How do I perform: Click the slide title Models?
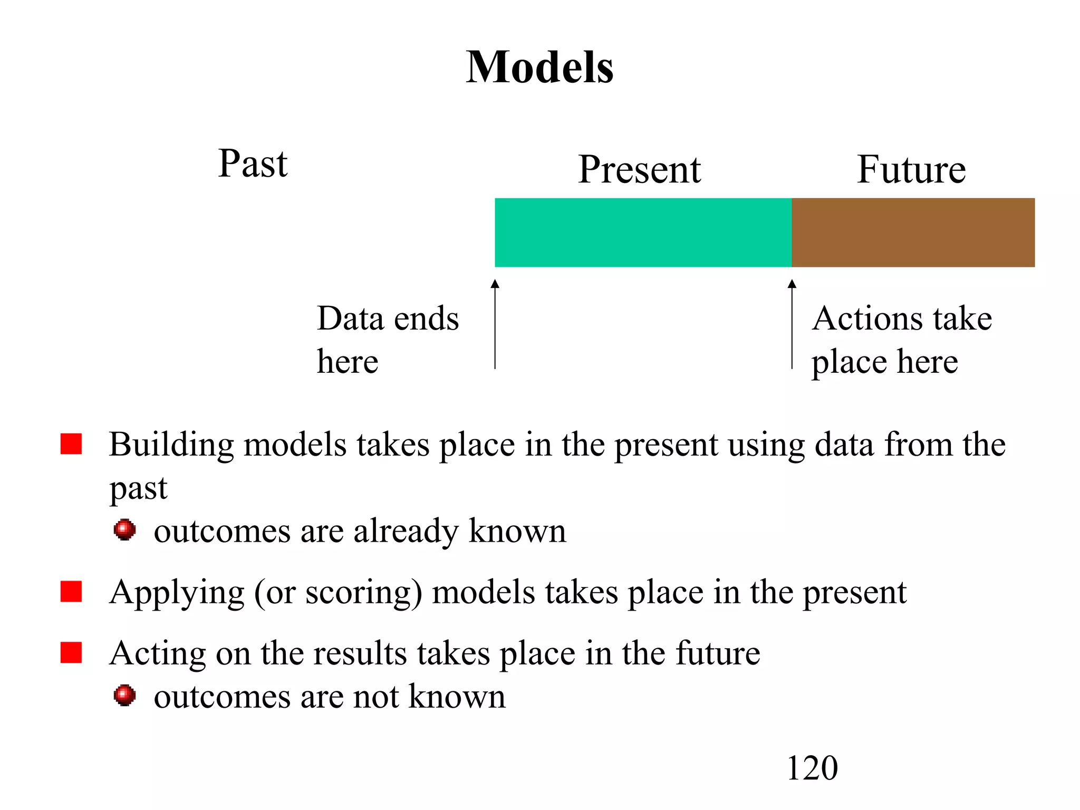click(x=539, y=67)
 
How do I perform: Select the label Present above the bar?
click(x=639, y=170)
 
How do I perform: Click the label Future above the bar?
click(x=911, y=170)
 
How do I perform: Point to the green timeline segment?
click(x=643, y=233)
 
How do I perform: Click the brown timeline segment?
click(x=913, y=233)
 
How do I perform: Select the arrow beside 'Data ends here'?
click(x=495, y=324)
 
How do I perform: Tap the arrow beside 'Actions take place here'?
click(x=792, y=324)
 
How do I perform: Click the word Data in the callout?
click(x=350, y=319)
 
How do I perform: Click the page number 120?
click(x=812, y=768)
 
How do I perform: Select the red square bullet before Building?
click(x=71, y=444)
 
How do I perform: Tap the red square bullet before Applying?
click(x=71, y=591)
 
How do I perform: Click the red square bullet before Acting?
click(x=71, y=652)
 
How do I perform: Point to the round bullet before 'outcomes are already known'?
click(x=124, y=529)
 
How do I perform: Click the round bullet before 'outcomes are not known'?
click(x=124, y=695)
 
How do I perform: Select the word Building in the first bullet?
click(x=171, y=445)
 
